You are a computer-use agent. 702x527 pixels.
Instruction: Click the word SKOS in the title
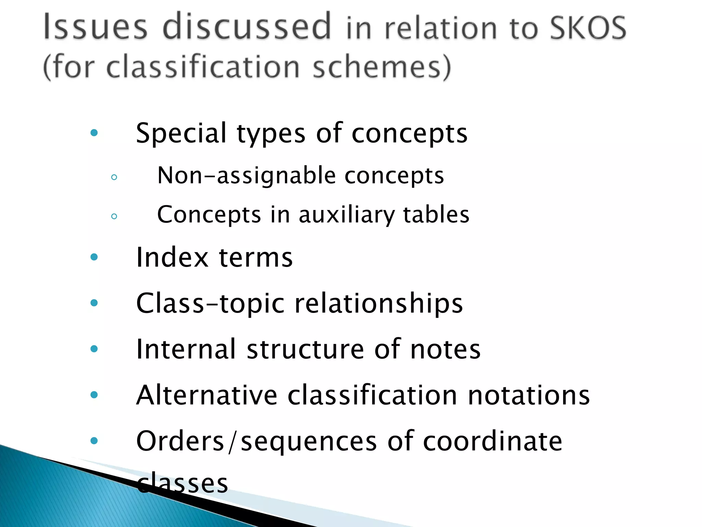click(x=588, y=28)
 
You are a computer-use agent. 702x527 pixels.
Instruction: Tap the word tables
click(x=436, y=214)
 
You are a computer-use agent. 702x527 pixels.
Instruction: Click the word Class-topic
click(x=210, y=304)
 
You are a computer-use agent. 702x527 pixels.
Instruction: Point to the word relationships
click(x=379, y=304)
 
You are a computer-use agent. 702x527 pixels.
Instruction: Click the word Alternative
click(x=207, y=395)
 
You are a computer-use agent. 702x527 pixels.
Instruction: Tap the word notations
click(x=529, y=395)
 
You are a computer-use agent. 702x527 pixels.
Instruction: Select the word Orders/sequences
click(x=257, y=441)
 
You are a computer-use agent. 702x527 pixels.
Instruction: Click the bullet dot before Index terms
click(x=94, y=257)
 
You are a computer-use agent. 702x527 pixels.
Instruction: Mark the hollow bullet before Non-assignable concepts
click(x=114, y=177)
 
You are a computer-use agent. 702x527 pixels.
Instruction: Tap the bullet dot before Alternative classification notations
click(x=94, y=395)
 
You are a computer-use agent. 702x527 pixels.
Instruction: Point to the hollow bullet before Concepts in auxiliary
click(x=114, y=216)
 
